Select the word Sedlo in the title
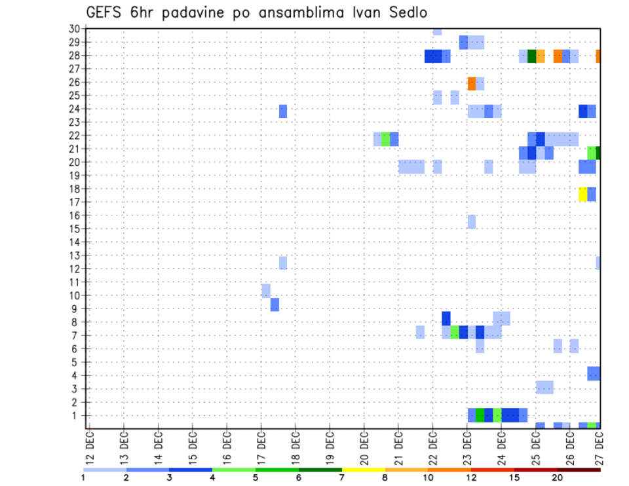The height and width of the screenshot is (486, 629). pos(409,12)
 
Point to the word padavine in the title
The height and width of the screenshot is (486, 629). pos(197,14)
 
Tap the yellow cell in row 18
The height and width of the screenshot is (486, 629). pos(583,195)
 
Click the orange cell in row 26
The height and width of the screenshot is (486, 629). pos(472,83)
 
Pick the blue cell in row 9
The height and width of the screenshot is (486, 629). pos(275,305)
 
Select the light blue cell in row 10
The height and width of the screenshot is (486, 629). pos(266,291)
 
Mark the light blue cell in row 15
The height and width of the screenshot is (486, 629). pos(472,221)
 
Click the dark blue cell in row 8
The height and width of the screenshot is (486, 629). pos(446,318)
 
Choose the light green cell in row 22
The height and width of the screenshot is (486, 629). pos(386,139)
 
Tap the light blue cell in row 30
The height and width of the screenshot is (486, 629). pos(437,31)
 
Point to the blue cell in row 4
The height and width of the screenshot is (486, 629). pos(594,373)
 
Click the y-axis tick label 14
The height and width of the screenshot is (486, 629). pos(74,242)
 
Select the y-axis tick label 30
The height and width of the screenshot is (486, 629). pos(74,29)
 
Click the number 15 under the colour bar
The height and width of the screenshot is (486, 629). pos(514,478)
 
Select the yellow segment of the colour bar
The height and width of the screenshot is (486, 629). pos(363,470)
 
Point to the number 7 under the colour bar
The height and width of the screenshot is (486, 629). pos(341,478)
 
